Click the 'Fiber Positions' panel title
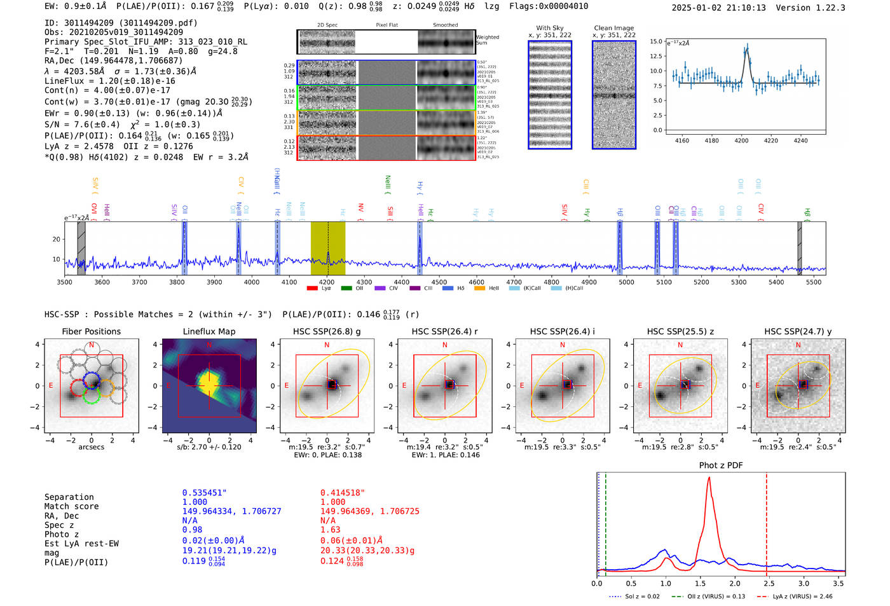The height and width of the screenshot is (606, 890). click(91, 331)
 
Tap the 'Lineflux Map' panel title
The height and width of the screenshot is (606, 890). click(209, 331)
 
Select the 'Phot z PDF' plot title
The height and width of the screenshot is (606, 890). click(721, 465)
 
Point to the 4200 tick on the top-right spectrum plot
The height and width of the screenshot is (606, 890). click(741, 141)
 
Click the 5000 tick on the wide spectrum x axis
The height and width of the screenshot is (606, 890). click(626, 282)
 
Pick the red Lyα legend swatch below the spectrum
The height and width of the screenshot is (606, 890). click(312, 289)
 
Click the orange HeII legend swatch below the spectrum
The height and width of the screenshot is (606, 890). click(479, 289)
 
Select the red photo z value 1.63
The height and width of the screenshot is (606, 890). click(330, 530)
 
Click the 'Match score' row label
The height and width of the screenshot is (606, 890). click(71, 506)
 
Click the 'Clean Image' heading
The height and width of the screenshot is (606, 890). click(613, 28)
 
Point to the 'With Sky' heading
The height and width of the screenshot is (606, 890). click(549, 28)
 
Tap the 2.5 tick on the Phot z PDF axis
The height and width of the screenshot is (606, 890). click(769, 583)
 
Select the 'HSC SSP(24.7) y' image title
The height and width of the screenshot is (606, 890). click(798, 331)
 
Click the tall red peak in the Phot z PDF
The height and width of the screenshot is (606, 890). click(709, 478)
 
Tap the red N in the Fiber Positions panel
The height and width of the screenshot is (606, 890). click(92, 345)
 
